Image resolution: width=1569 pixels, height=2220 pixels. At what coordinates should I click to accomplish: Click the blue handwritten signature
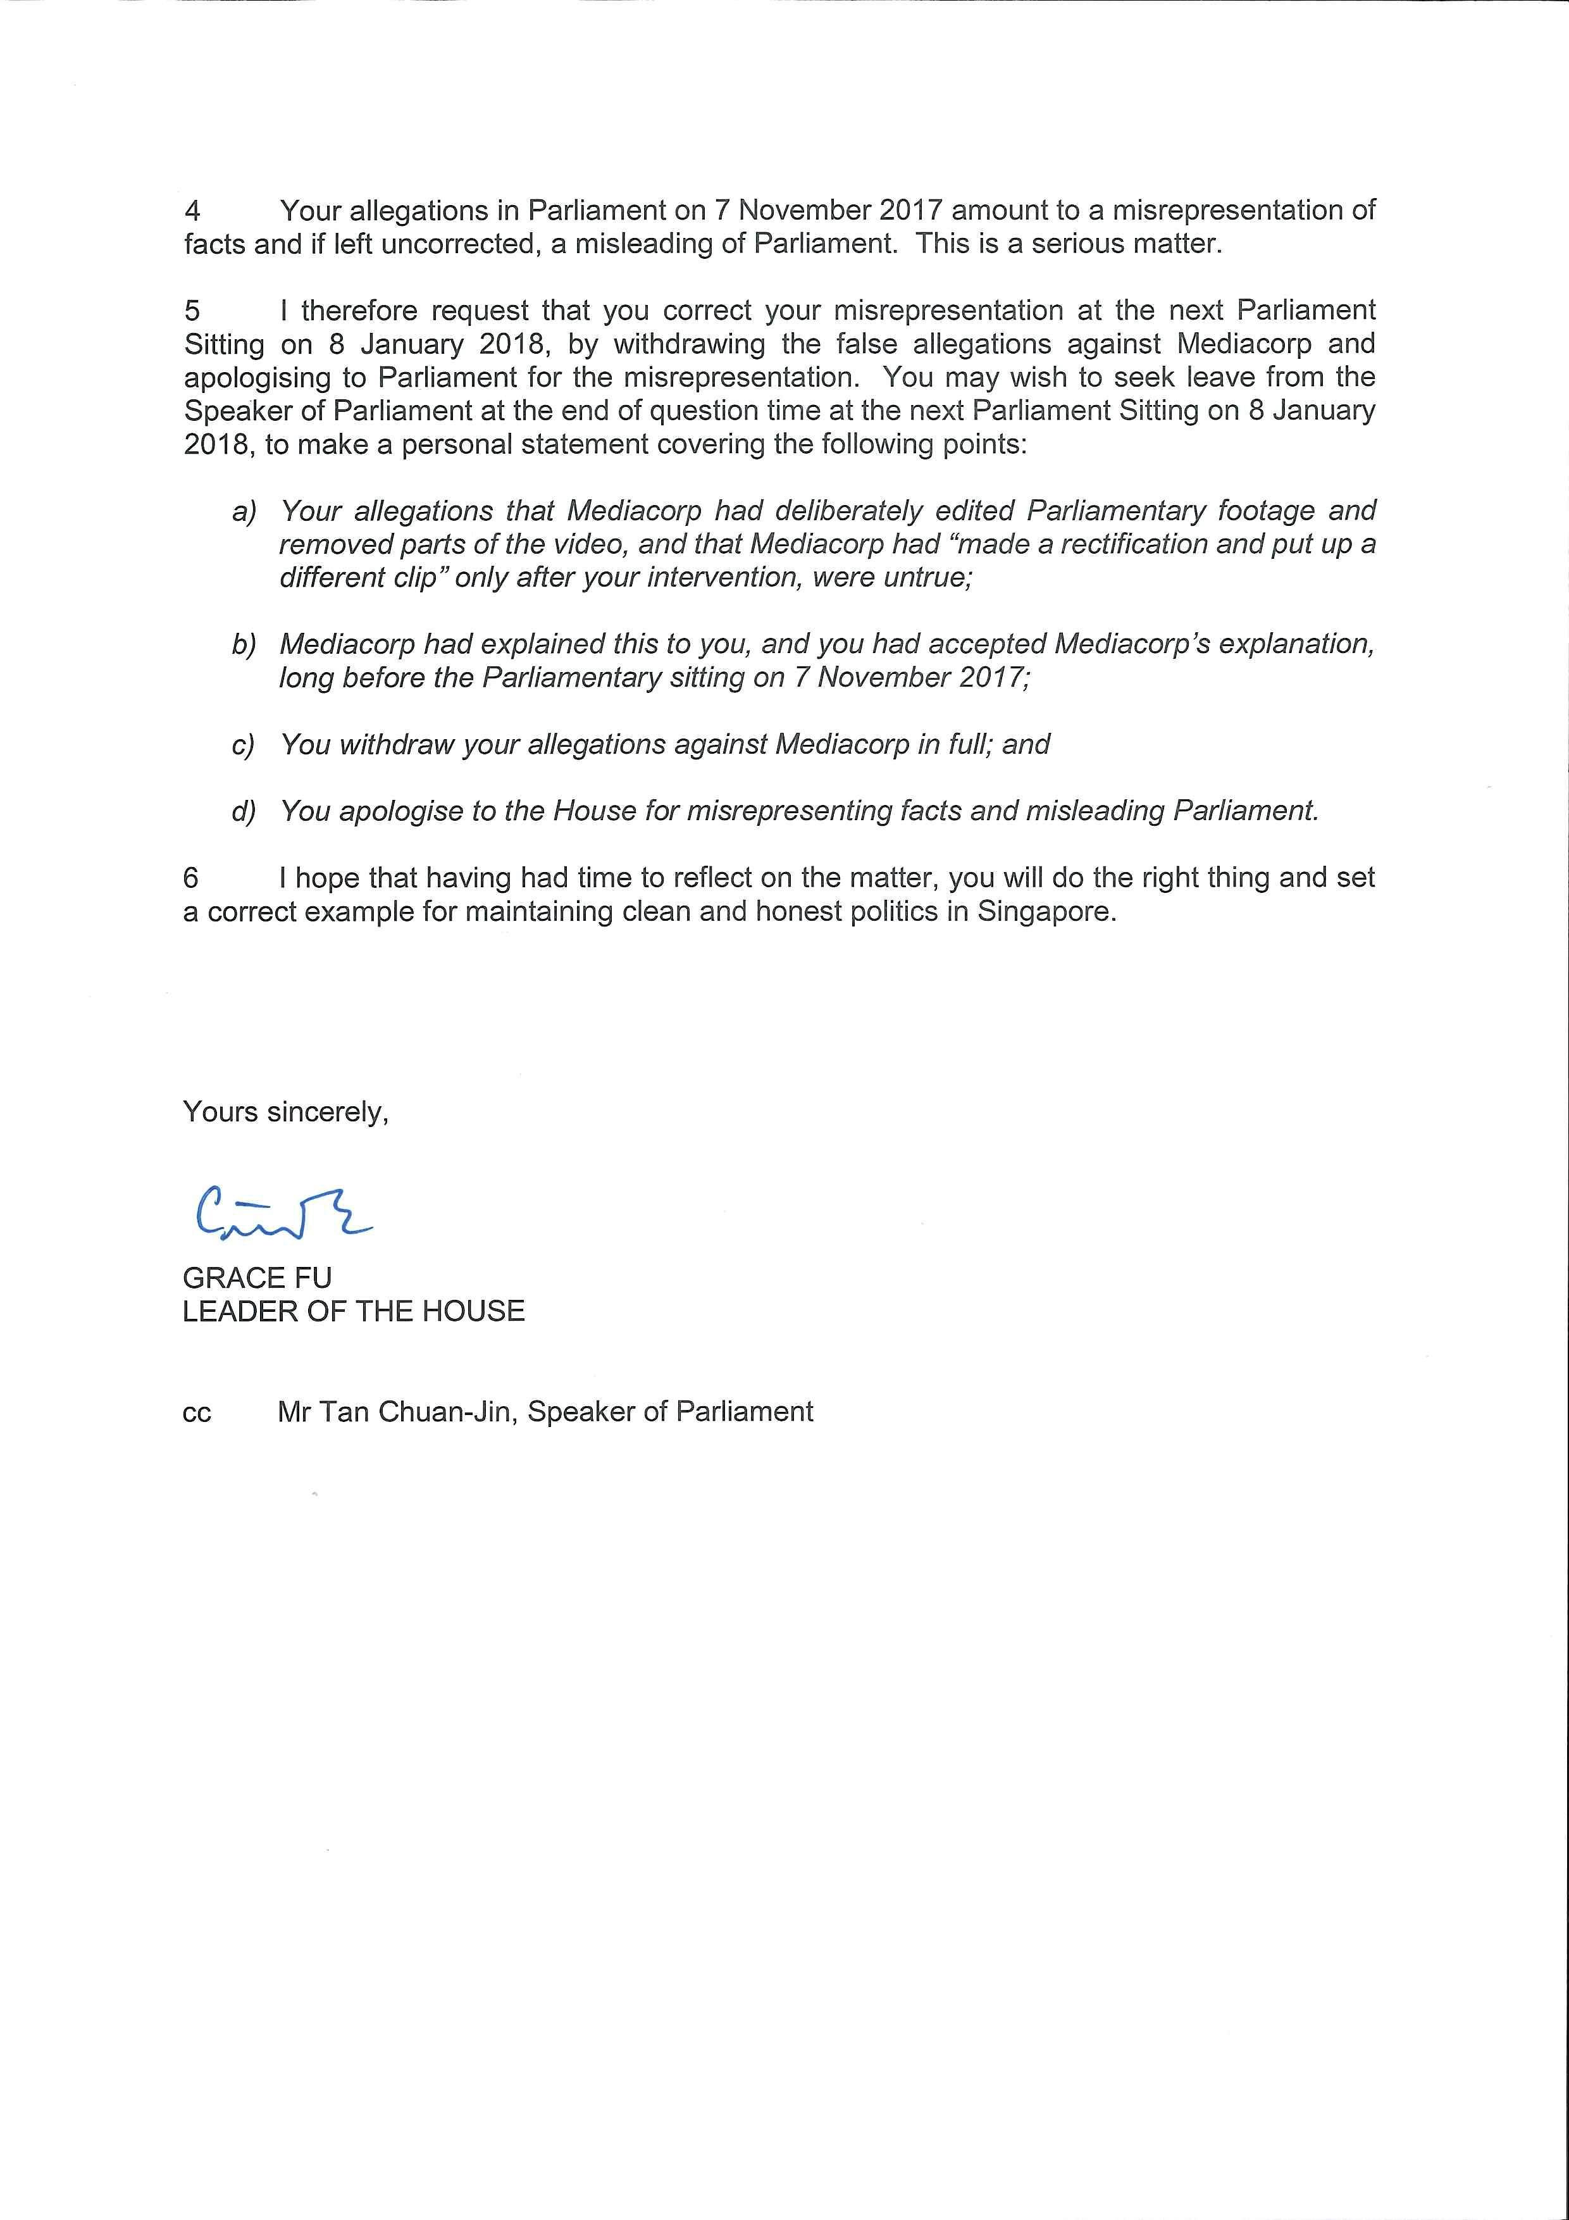280,1213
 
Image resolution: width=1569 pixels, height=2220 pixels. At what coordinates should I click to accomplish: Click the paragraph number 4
192,211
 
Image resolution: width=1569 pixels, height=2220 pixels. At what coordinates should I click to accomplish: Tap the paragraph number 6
192,878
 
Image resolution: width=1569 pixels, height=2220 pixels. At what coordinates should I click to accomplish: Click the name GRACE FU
257,1278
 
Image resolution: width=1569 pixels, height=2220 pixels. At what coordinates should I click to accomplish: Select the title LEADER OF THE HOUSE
354,1312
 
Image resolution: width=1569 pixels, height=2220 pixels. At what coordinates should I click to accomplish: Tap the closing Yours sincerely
285,1113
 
